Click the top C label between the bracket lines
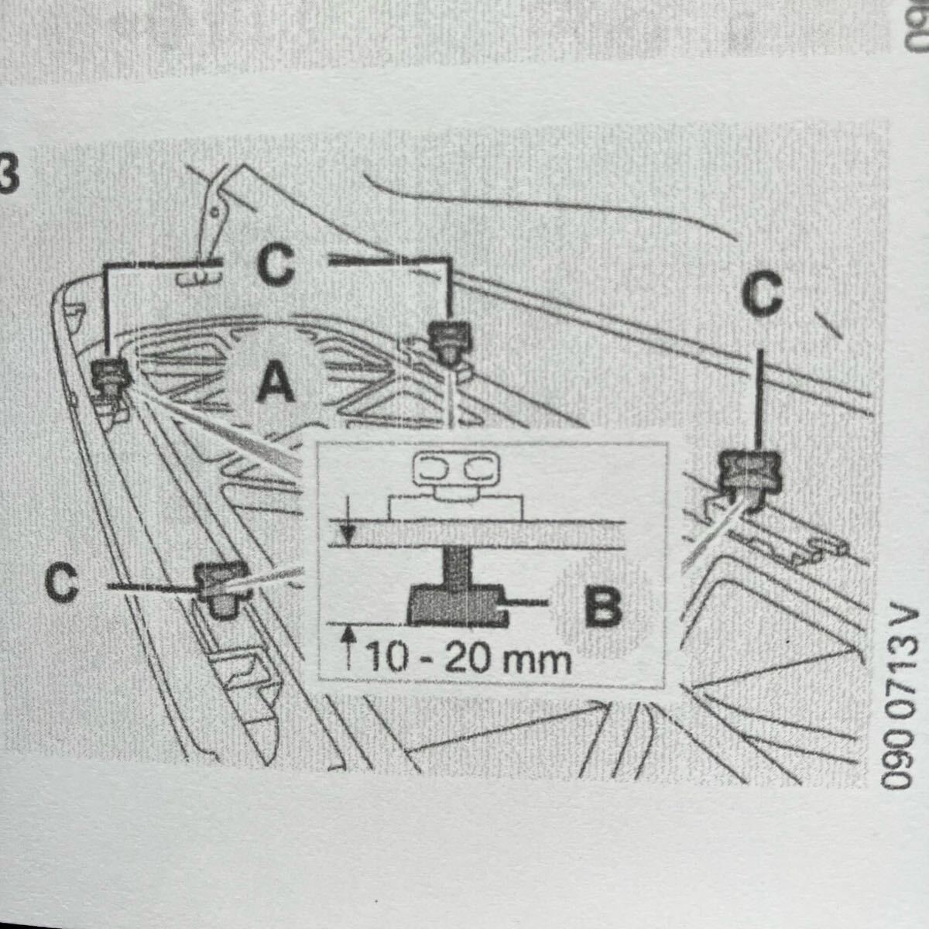point(276,266)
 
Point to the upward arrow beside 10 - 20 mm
point(348,644)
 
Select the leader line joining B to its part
point(528,600)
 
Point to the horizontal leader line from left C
point(147,588)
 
